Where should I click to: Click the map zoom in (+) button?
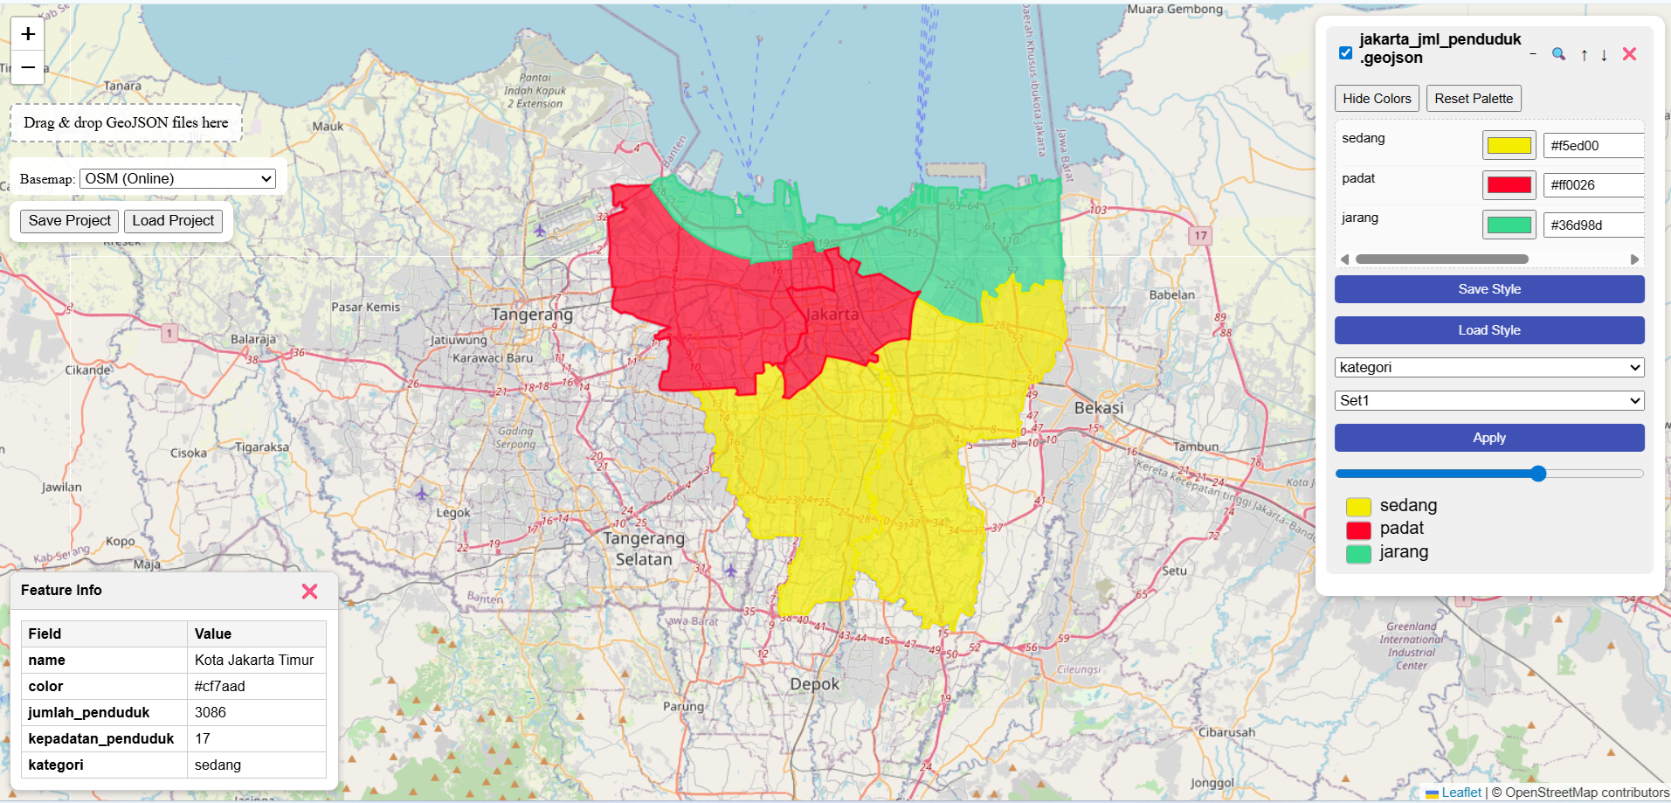click(x=28, y=34)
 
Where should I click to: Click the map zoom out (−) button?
click(x=28, y=67)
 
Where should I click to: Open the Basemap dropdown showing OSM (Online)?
click(x=178, y=178)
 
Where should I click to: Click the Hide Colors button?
click(x=1377, y=99)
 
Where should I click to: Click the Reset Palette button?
click(x=1474, y=99)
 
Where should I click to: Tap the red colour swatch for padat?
click(x=1509, y=185)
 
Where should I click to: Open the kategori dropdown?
click(x=1489, y=368)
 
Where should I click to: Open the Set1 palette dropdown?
click(x=1489, y=401)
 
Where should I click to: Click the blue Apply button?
click(x=1489, y=438)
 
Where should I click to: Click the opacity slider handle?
click(x=1538, y=474)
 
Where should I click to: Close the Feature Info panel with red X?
click(x=309, y=592)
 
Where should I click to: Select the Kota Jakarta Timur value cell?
click(x=255, y=661)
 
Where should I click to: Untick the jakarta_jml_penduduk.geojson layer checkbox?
click(x=1346, y=53)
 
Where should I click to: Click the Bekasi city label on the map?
click(x=1099, y=408)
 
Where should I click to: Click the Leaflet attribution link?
click(x=1460, y=793)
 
